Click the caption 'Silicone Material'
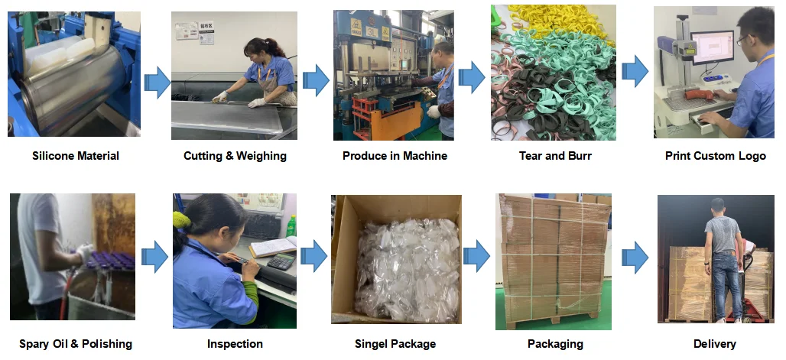pyautogui.click(x=76, y=156)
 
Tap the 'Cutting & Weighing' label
pyautogui.click(x=235, y=156)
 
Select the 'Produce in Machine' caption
pyautogui.click(x=395, y=156)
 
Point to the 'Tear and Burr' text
pyautogui.click(x=555, y=156)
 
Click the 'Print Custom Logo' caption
pyautogui.click(x=715, y=156)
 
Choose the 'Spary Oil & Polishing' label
pyautogui.click(x=76, y=344)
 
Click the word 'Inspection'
pyautogui.click(x=235, y=344)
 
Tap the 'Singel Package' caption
pyautogui.click(x=395, y=344)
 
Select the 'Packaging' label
pyautogui.click(x=555, y=344)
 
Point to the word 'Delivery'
pyautogui.click(x=715, y=344)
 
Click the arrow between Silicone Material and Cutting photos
pyautogui.click(x=157, y=81)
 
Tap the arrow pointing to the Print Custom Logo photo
pyautogui.click(x=634, y=72)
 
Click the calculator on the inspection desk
pyautogui.click(x=280, y=261)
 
